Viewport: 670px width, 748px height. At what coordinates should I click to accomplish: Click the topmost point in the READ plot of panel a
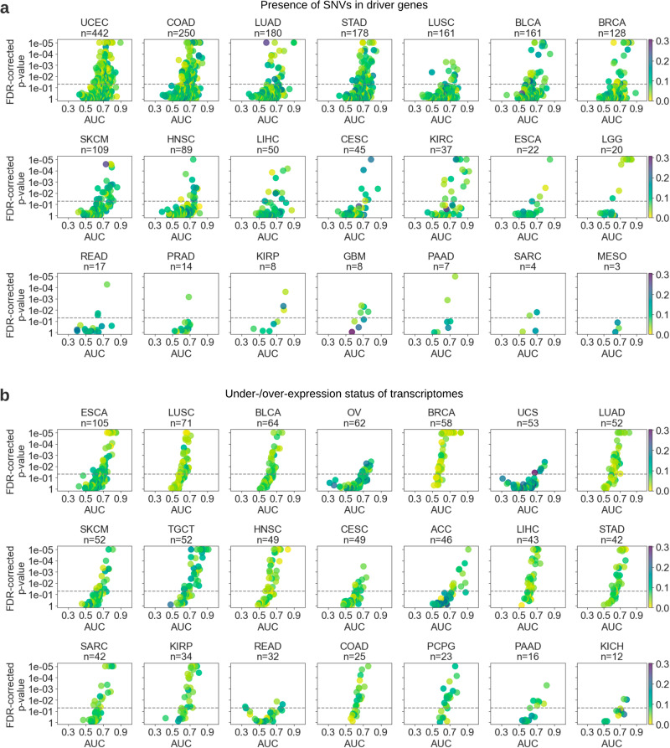coord(107,285)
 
